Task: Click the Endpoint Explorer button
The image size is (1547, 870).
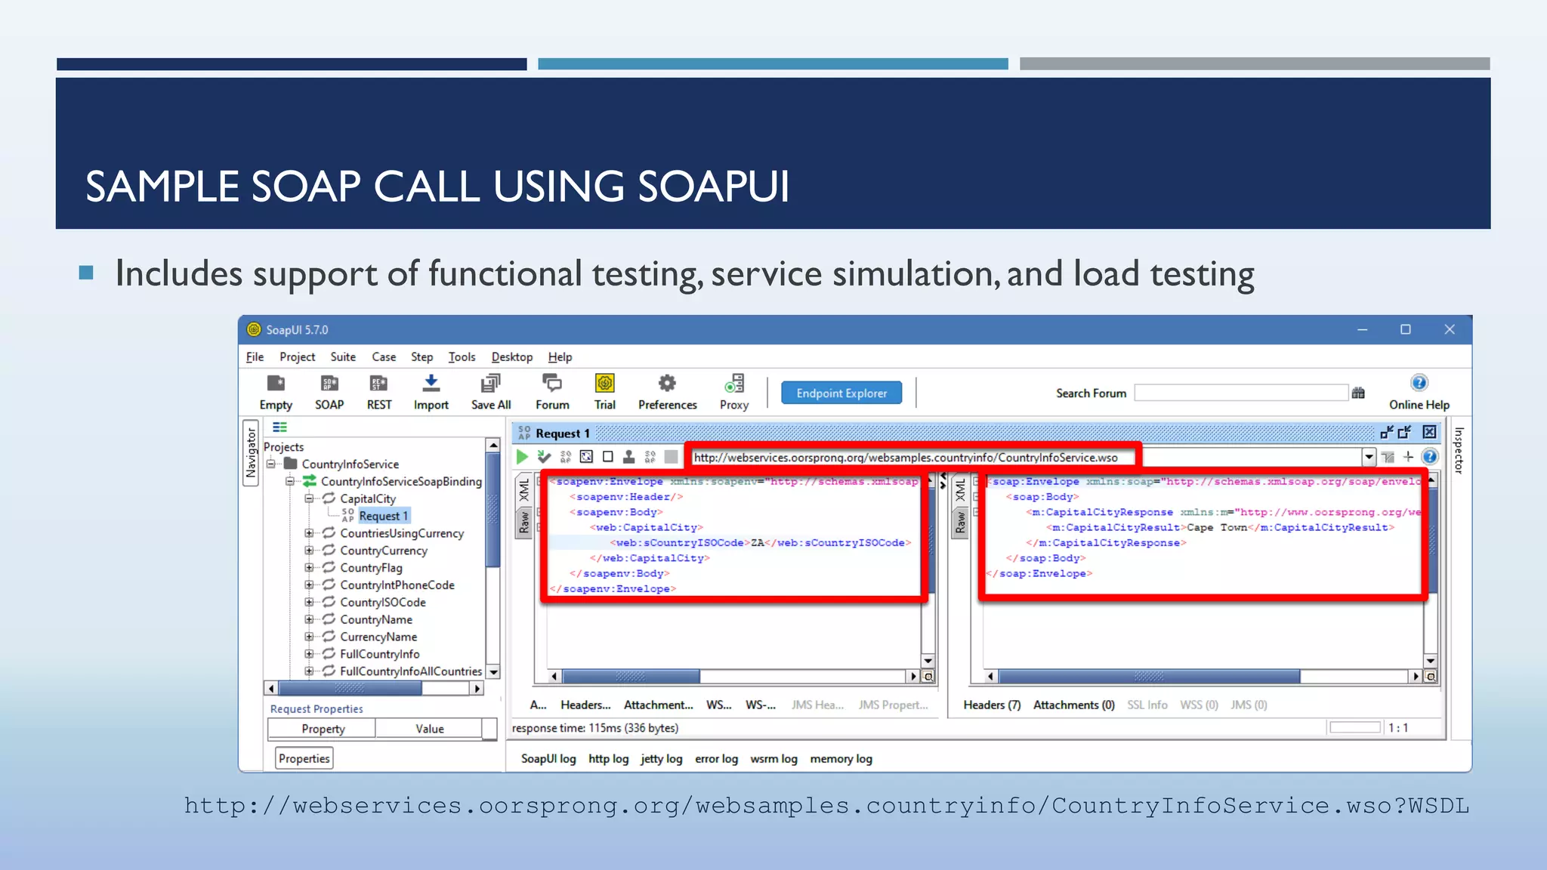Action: coord(841,393)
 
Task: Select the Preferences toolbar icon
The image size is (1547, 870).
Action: coord(667,384)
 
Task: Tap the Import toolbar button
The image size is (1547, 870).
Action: coord(431,384)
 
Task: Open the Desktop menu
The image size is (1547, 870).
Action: coord(511,356)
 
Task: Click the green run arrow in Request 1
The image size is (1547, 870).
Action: coord(522,456)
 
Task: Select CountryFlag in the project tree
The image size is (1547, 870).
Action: coord(371,567)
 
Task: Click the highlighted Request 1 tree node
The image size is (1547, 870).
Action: coord(383,516)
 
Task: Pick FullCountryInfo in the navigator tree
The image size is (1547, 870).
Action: coord(379,653)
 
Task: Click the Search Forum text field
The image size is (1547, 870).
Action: coord(1240,393)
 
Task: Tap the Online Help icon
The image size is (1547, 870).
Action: coord(1419,383)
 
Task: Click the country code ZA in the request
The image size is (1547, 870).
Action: coord(757,542)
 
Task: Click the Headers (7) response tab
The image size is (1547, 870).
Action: coord(991,705)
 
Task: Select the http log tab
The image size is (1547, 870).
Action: coord(608,758)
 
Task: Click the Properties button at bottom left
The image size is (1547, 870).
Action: coord(304,758)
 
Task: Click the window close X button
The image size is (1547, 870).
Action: coord(1449,329)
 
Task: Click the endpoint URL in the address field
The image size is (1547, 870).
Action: coord(905,457)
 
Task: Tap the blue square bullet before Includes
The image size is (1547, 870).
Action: coord(86,273)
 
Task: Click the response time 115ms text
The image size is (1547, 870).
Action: coord(594,728)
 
